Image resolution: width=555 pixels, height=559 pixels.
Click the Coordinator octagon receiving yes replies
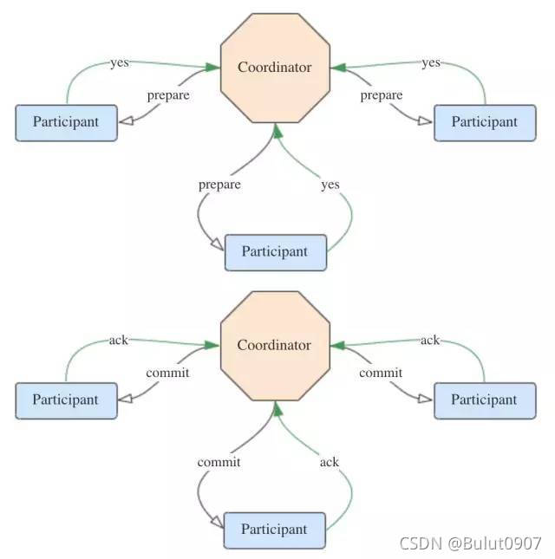click(x=275, y=67)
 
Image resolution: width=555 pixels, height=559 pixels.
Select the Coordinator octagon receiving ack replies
click(x=275, y=345)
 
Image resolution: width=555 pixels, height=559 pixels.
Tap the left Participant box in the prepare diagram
click(x=66, y=122)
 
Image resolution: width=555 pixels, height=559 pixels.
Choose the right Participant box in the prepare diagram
click(x=484, y=122)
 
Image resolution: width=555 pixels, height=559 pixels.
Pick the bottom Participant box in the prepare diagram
click(x=275, y=252)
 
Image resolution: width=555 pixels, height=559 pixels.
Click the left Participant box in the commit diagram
click(x=66, y=400)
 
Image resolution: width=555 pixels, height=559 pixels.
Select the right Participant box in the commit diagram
click(x=484, y=400)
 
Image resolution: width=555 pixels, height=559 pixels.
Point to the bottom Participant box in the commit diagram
click(x=274, y=530)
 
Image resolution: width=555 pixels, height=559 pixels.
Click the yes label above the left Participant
click(x=120, y=62)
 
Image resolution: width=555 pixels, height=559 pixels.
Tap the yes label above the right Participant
click(x=431, y=62)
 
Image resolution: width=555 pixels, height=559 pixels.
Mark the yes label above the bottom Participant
click(x=330, y=185)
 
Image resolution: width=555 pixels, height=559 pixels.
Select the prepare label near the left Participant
click(x=168, y=95)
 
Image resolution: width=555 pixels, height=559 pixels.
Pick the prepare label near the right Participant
click(x=382, y=95)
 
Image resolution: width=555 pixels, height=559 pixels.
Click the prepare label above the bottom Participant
click(x=219, y=185)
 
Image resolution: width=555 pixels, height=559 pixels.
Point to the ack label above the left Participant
click(x=119, y=340)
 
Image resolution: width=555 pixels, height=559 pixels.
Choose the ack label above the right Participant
click(x=430, y=340)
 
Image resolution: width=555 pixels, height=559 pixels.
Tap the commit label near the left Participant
click(x=168, y=374)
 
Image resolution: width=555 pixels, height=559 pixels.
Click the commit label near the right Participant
click(x=381, y=374)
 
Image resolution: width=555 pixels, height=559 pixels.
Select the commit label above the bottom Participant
click(x=219, y=462)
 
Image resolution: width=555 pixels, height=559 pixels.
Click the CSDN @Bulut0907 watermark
click(x=470, y=543)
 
